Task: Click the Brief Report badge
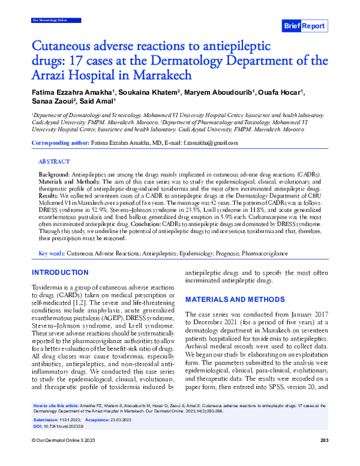[304, 26]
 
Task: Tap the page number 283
[324, 458]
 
